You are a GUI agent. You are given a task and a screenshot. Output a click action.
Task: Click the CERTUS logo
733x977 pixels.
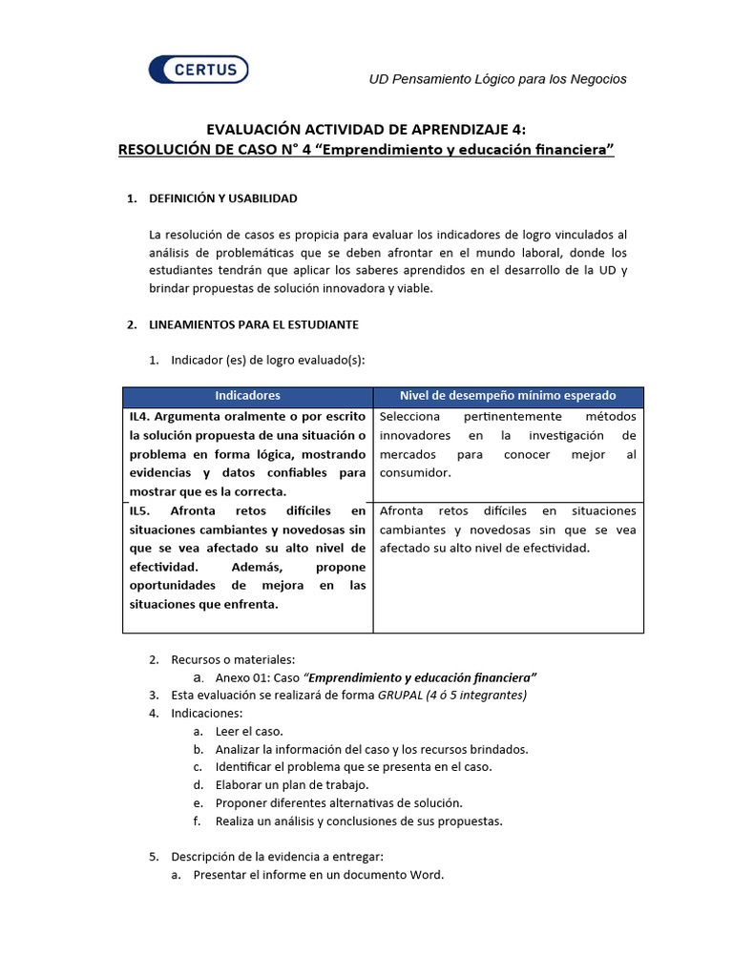[x=199, y=70]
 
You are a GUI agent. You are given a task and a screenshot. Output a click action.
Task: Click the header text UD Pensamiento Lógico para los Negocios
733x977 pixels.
[x=497, y=79]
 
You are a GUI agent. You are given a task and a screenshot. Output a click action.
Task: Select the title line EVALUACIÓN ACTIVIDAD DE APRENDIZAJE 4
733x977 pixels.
[x=366, y=130]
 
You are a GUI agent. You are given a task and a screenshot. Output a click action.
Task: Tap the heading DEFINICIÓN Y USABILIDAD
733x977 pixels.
[x=223, y=198]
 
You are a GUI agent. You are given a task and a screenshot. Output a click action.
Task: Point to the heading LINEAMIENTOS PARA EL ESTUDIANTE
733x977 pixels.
[x=254, y=324]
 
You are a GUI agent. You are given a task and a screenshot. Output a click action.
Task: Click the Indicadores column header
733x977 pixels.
[x=247, y=396]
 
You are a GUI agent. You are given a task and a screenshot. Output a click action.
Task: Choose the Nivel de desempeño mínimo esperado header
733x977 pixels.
[x=507, y=396]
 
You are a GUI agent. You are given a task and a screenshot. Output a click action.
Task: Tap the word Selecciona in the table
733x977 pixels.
[x=409, y=417]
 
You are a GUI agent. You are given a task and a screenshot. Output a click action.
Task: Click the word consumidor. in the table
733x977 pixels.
[x=415, y=472]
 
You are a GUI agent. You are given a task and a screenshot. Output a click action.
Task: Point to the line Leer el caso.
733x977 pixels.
[x=248, y=731]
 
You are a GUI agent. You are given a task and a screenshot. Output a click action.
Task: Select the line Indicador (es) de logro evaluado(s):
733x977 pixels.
[x=267, y=361]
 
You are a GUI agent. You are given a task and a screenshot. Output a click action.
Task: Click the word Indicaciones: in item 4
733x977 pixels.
[x=207, y=713]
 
